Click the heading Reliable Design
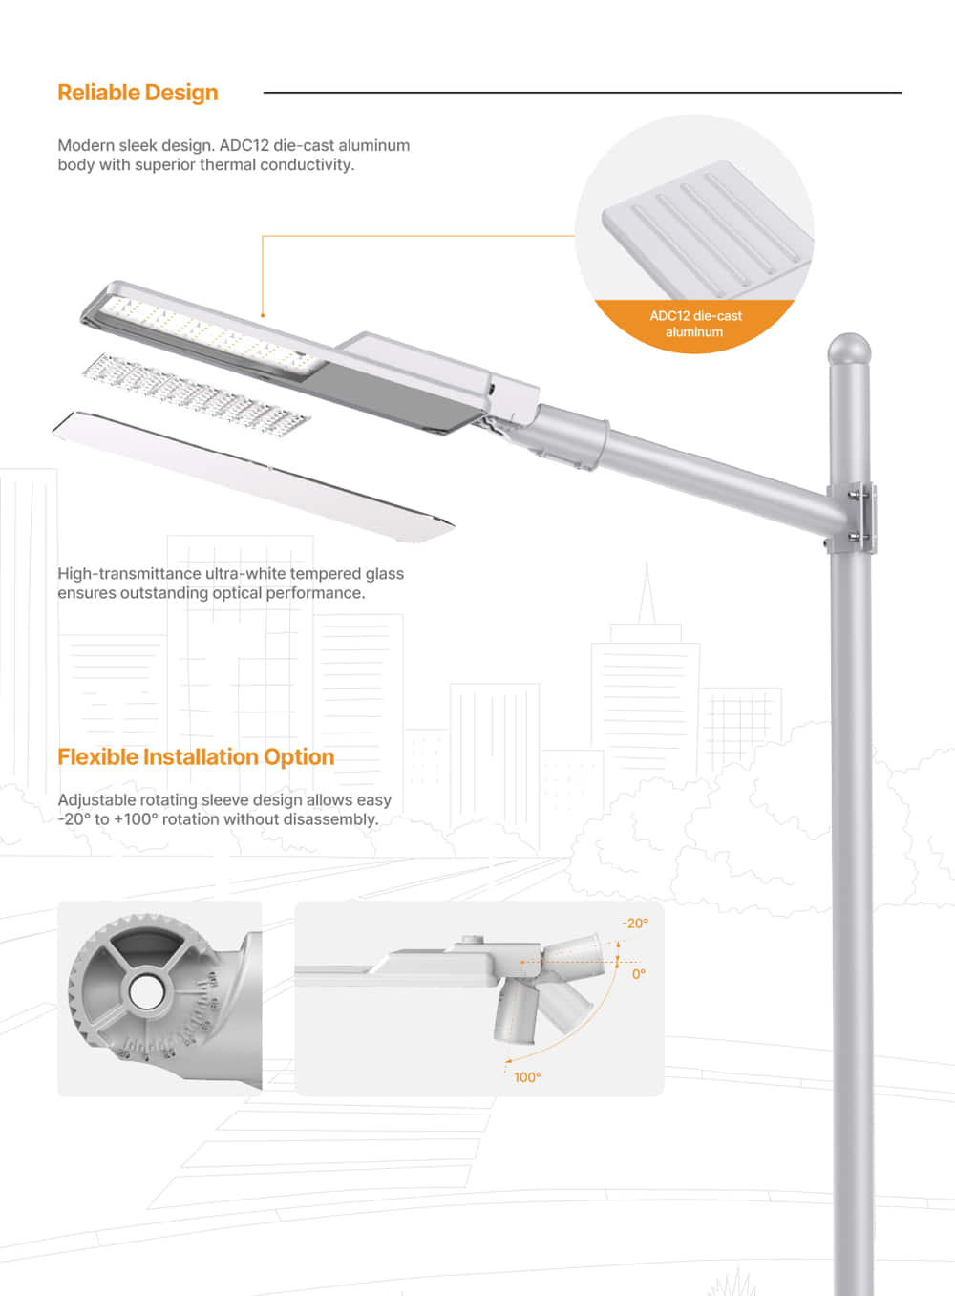[138, 93]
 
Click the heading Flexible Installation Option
[196, 757]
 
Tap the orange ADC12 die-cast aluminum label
[695, 324]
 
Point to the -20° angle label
[635, 924]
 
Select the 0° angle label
[639, 974]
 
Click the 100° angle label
[527, 1077]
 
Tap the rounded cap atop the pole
[849, 349]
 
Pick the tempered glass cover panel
[253, 476]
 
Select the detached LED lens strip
[195, 391]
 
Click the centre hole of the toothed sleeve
[146, 992]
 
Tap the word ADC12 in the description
[244, 146]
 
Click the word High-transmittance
[129, 574]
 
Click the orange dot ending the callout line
[263, 315]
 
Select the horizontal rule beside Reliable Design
[582, 93]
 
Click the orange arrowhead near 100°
[508, 1060]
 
